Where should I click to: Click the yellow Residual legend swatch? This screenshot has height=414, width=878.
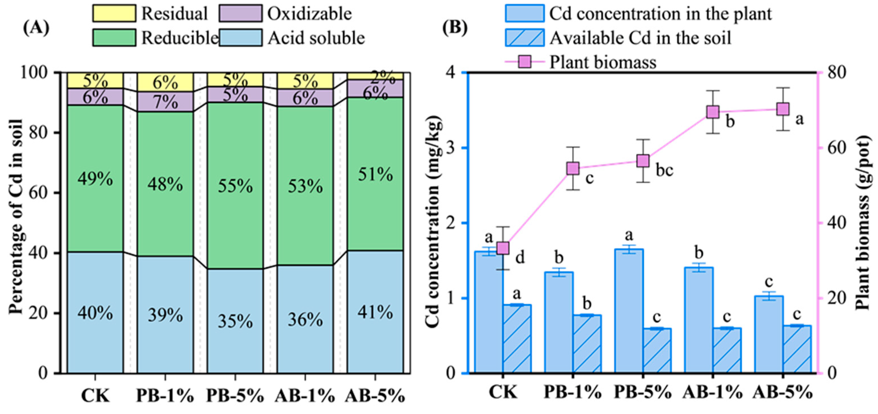click(114, 13)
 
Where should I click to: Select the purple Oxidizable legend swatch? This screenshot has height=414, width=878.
click(241, 13)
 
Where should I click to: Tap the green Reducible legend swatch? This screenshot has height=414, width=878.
click(114, 38)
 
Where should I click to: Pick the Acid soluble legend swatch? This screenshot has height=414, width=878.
click(241, 38)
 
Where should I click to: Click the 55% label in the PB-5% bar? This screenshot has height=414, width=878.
click(235, 186)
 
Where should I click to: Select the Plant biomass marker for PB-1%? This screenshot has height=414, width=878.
click(573, 168)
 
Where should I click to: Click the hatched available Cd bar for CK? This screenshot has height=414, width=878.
click(517, 339)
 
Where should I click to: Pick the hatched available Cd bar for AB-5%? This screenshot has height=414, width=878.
click(797, 349)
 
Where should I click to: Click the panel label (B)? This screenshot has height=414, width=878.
click(455, 28)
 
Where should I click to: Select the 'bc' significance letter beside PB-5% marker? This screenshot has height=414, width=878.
click(665, 170)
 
